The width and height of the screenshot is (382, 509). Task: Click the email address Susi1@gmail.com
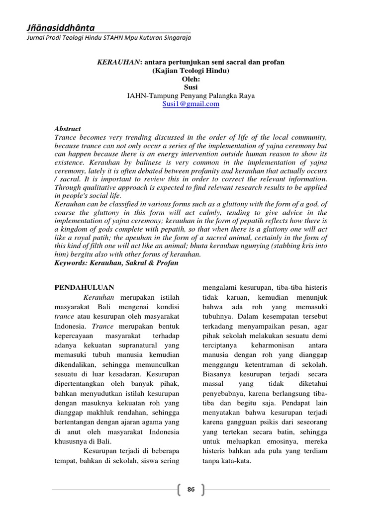(x=191, y=104)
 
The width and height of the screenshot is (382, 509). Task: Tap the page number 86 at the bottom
(x=191, y=490)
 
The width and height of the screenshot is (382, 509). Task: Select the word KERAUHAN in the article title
(x=118, y=63)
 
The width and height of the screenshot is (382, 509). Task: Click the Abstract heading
(x=67, y=129)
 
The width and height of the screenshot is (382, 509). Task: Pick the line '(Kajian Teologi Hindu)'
(x=191, y=71)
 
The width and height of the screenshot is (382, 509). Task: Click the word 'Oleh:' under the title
(x=191, y=79)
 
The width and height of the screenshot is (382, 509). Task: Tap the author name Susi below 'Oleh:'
(x=191, y=87)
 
